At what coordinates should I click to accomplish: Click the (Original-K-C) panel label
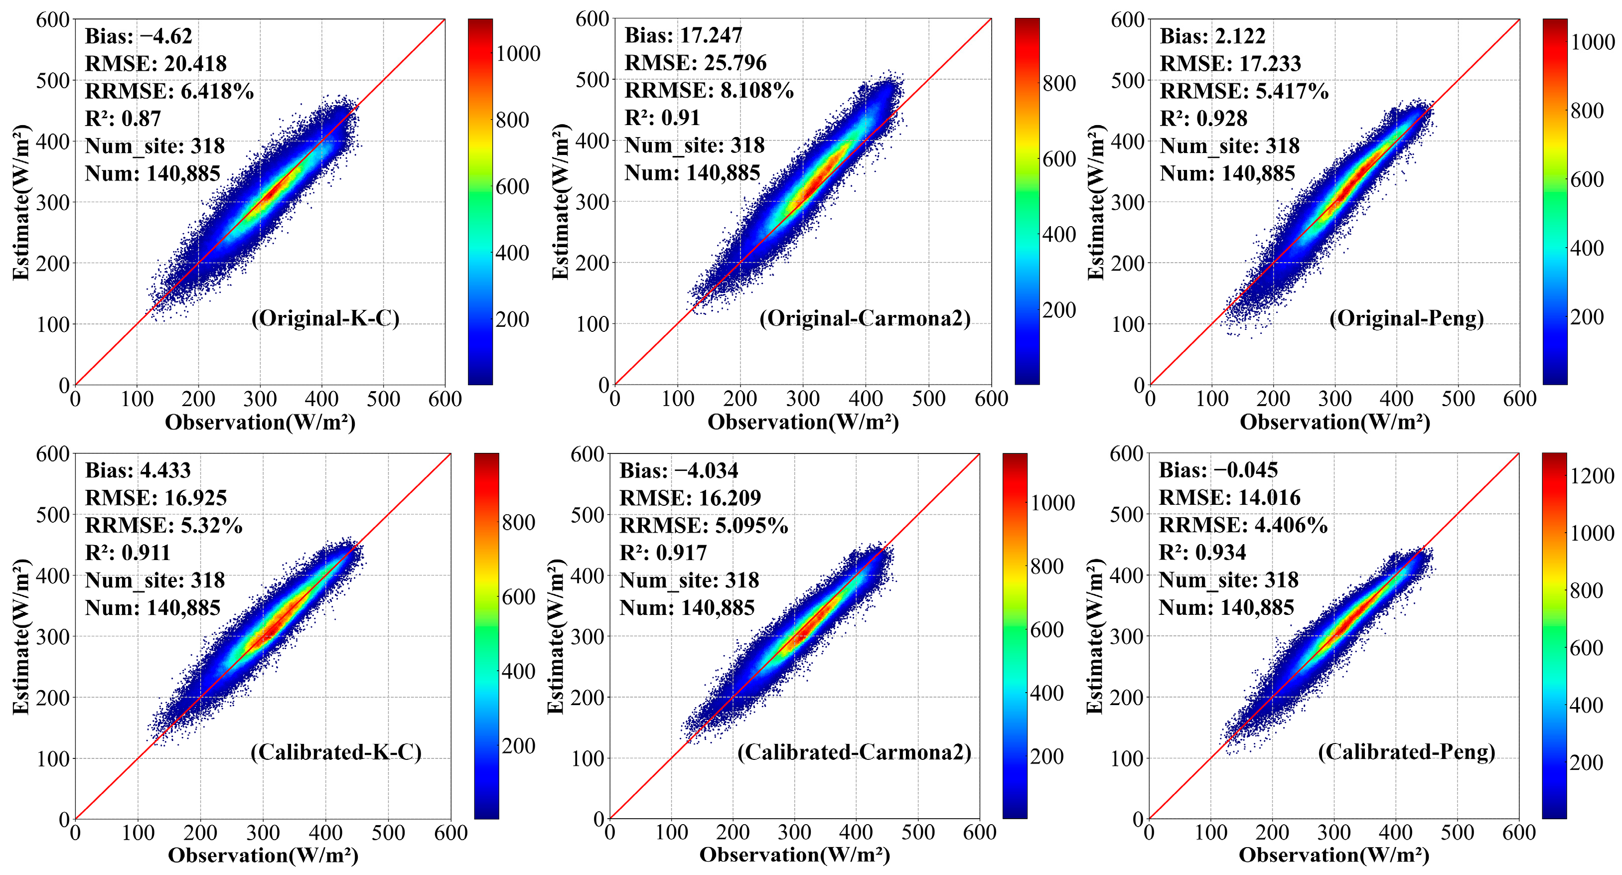(x=325, y=318)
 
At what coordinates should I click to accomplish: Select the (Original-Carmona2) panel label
(x=865, y=318)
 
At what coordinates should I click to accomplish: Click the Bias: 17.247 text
(x=683, y=35)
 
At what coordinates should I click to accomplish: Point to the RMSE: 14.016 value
(x=1229, y=497)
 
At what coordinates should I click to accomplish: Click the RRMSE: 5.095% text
(x=703, y=525)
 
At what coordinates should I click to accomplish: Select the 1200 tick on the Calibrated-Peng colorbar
(x=1592, y=476)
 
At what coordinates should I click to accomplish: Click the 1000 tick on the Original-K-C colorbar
(x=518, y=53)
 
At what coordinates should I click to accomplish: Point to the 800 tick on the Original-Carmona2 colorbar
(x=1058, y=83)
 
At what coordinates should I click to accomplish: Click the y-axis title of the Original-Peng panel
(x=1096, y=201)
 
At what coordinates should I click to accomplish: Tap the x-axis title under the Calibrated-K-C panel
(x=263, y=855)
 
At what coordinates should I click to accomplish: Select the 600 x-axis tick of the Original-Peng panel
(x=1519, y=399)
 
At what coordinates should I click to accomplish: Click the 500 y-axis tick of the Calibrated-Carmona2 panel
(x=587, y=514)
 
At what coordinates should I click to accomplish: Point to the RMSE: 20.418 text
(x=155, y=64)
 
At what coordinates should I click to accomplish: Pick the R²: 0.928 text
(x=1203, y=119)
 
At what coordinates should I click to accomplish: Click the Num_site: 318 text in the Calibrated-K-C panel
(x=155, y=580)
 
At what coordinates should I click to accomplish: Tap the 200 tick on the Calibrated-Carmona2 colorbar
(x=1046, y=756)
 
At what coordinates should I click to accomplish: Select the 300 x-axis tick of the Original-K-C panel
(x=260, y=399)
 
